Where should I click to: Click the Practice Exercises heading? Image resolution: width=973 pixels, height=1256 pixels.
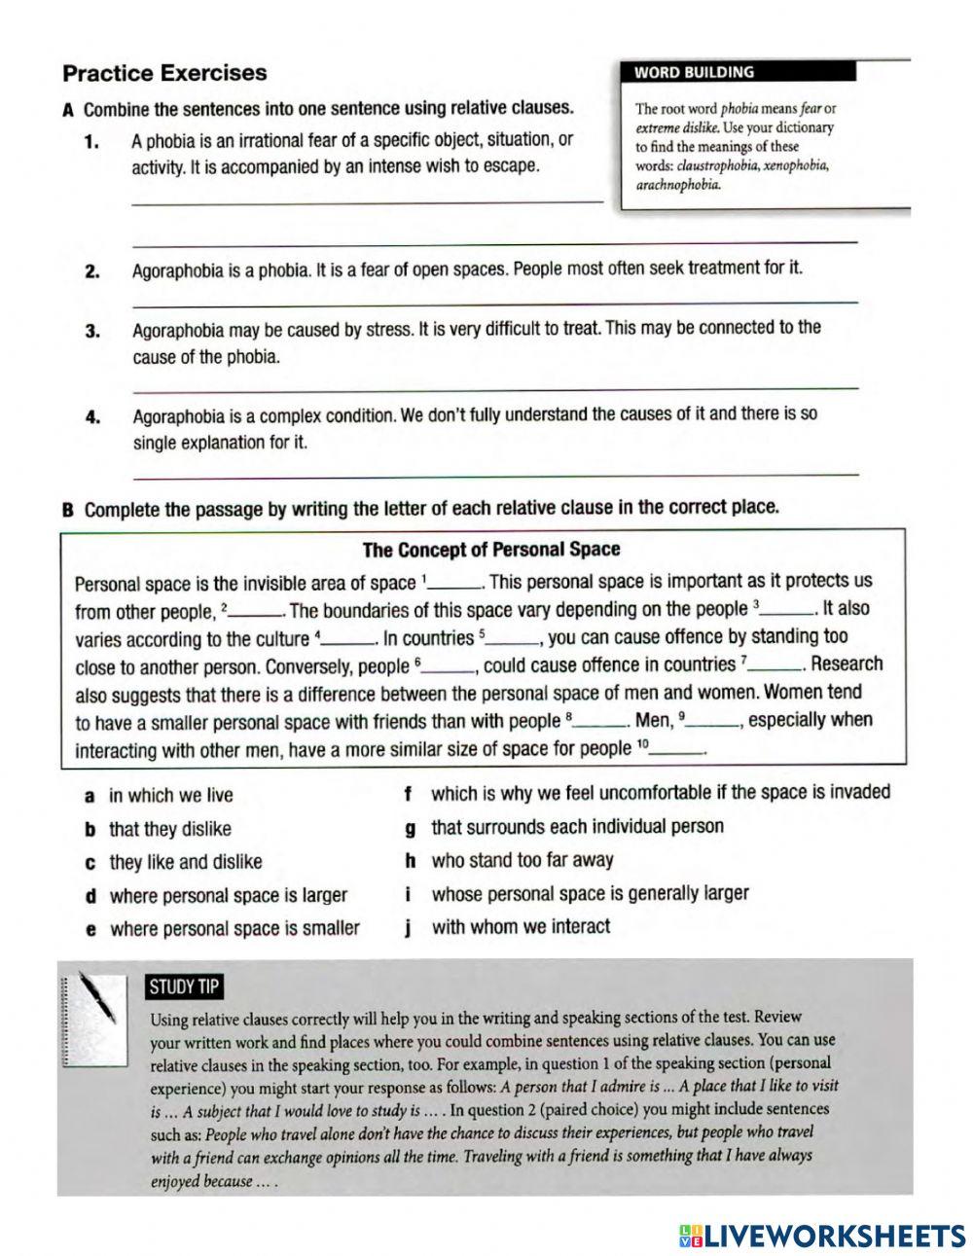pos(163,73)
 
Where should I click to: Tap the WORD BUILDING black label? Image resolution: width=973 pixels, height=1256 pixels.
pos(693,72)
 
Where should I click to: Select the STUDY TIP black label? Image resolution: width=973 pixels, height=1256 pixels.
pos(184,987)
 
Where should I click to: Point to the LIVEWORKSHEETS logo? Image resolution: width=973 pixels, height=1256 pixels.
pos(822,1235)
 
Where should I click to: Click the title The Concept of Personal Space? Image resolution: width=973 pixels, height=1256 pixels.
pos(490,550)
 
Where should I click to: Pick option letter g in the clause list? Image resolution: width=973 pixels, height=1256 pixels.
pos(410,829)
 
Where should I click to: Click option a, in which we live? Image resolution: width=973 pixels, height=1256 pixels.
pos(170,796)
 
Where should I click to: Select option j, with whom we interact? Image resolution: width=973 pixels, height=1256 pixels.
pos(520,927)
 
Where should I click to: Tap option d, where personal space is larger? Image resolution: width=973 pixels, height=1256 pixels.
pos(228,896)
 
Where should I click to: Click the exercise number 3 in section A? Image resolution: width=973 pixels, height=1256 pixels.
pos(93,332)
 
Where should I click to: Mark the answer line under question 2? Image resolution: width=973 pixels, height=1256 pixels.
pos(494,303)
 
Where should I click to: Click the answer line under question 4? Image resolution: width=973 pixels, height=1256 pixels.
pos(494,475)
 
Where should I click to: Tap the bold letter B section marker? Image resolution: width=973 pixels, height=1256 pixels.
pos(68,509)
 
